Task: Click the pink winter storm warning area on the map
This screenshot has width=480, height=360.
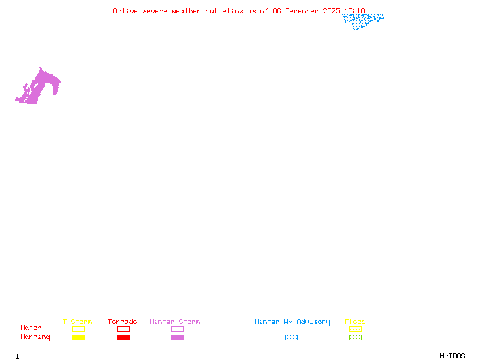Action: pos(42,84)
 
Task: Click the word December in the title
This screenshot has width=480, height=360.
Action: pos(304,11)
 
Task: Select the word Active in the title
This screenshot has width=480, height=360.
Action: pos(125,11)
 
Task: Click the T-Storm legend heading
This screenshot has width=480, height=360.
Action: pos(77,322)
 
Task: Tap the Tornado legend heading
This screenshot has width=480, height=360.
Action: pos(122,322)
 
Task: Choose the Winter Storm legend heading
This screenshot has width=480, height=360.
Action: pos(175,322)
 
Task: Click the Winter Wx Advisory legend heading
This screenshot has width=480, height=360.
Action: pos(292,322)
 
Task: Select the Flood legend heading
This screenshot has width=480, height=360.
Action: pos(355,322)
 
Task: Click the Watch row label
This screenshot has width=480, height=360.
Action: pos(31,328)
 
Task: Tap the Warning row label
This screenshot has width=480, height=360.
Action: pos(35,337)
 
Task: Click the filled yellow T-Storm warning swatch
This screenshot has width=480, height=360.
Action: pos(78,338)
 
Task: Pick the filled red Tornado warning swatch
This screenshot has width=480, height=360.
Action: pos(123,338)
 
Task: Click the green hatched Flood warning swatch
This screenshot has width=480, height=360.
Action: pos(355,338)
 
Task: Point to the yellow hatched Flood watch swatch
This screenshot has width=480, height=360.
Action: pos(355,329)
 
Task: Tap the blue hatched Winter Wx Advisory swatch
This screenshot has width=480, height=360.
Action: pos(291,338)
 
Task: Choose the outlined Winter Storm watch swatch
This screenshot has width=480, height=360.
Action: pos(177,329)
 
